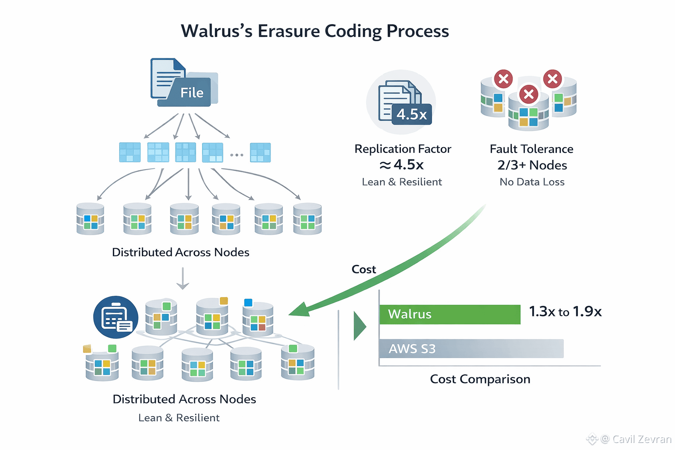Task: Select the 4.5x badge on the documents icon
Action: tap(411, 114)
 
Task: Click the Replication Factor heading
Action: tap(403, 149)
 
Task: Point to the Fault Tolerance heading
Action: tap(531, 149)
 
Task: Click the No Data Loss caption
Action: tap(532, 182)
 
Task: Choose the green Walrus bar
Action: tap(450, 314)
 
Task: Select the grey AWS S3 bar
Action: tap(471, 348)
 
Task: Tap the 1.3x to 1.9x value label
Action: tap(565, 312)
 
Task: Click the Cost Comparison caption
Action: tap(480, 379)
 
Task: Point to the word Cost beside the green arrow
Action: tap(363, 269)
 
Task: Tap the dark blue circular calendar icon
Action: tap(116, 317)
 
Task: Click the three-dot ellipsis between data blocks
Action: tap(236, 155)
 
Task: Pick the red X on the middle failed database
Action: tap(529, 94)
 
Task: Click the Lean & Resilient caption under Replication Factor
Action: tap(402, 182)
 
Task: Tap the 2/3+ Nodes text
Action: tap(532, 165)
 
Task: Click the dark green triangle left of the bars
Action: tap(359, 326)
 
